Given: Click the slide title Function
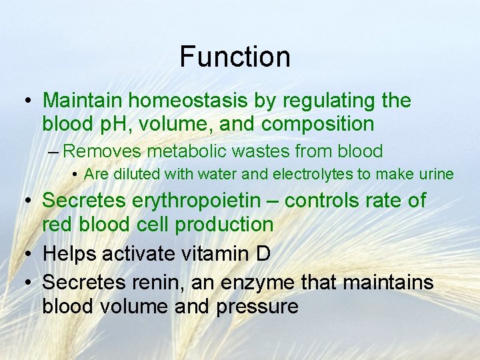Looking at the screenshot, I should point(235,57).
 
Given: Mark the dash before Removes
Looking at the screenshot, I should point(54,151).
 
